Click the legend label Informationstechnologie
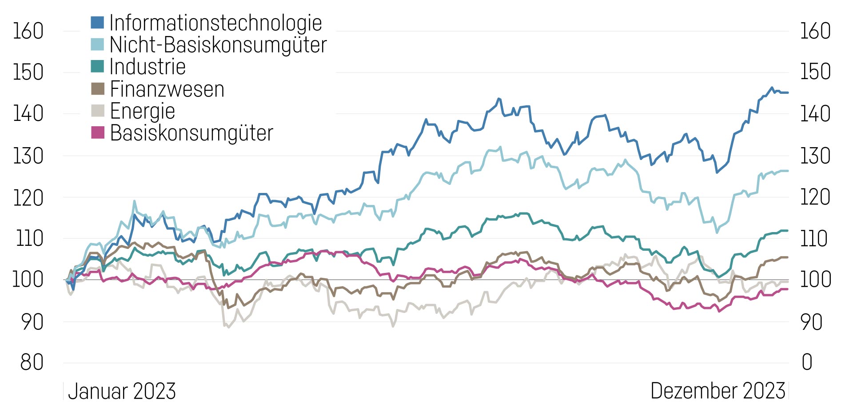click(x=215, y=23)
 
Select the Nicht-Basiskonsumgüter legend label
click(x=218, y=45)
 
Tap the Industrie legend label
click(x=147, y=67)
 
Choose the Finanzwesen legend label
click(x=167, y=89)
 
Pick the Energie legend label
click(x=142, y=111)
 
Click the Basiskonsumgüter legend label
click(x=191, y=133)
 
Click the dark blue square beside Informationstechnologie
click(x=97, y=23)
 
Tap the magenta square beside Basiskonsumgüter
click(x=97, y=132)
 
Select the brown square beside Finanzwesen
click(x=97, y=89)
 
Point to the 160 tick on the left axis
click(x=28, y=31)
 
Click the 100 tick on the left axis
click(x=28, y=280)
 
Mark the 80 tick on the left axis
click(x=32, y=362)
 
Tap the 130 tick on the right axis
click(x=815, y=156)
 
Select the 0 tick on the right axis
click(x=807, y=362)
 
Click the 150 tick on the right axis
click(x=815, y=72)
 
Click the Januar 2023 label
click(x=122, y=391)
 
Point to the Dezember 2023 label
click(x=718, y=391)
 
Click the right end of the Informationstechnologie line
click(x=788, y=92)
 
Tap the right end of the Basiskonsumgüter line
click(x=788, y=289)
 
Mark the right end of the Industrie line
click(x=788, y=230)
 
